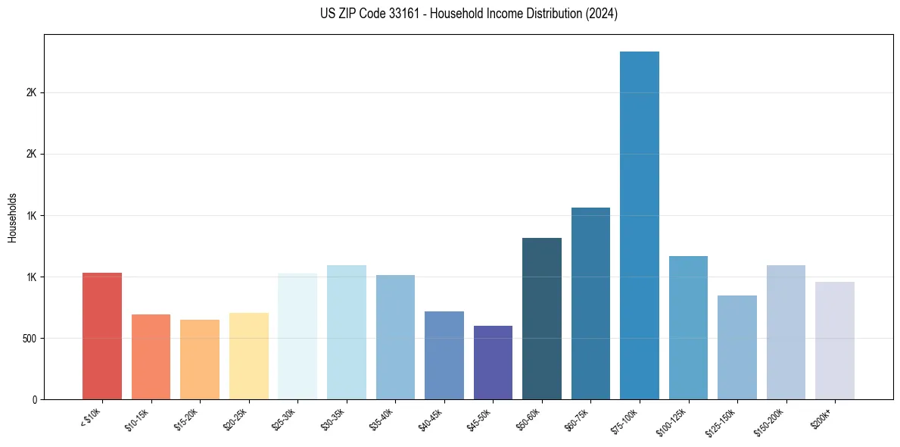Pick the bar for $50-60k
coord(542,318)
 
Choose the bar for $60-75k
coord(590,303)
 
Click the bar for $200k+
coord(835,340)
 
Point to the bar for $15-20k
coord(200,359)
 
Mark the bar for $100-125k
coord(688,327)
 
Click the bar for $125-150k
coord(737,347)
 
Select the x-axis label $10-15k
coord(138,420)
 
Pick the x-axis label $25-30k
coord(285,420)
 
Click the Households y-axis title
coord(13,217)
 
